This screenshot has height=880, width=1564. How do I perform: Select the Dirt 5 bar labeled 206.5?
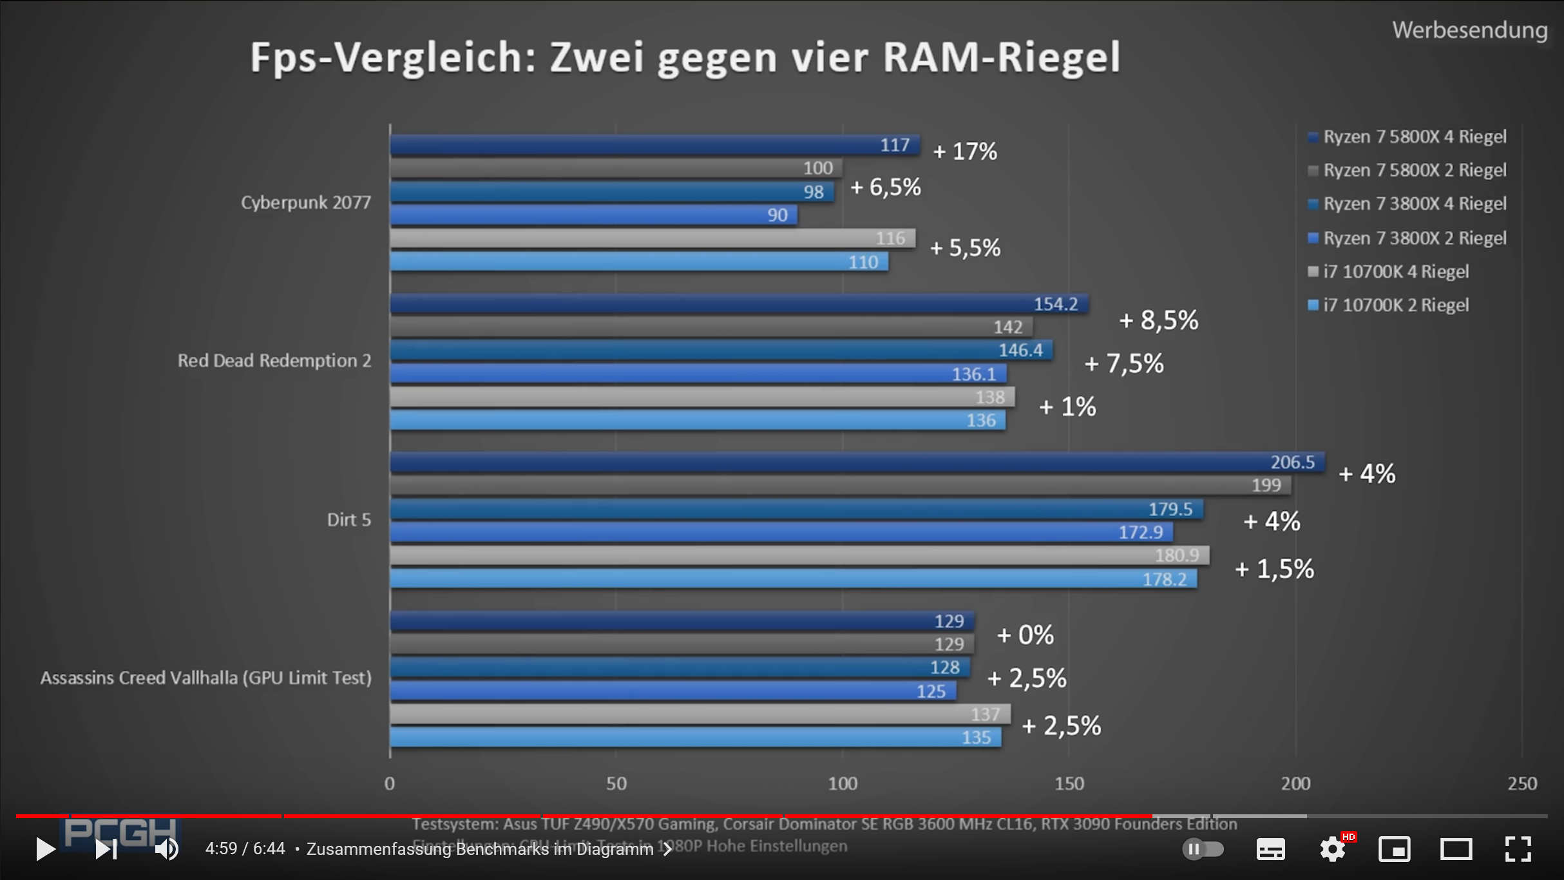pos(857,462)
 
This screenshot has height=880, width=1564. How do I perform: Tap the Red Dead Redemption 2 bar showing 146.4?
pos(721,350)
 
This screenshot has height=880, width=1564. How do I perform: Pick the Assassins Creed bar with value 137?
pos(700,714)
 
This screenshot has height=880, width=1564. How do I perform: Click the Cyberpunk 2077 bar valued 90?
pos(593,215)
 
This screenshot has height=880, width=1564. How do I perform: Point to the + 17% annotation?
pos(965,151)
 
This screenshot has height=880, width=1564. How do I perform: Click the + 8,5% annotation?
pos(1158,320)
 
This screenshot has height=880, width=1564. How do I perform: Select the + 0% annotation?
pos(1025,635)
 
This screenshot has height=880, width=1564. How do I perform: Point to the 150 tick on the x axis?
pos(1069,783)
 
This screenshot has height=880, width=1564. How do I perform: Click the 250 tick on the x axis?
pos(1522,783)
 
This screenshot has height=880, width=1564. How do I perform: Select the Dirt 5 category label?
pos(348,519)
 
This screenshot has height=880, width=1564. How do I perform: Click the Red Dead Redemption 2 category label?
pos(274,360)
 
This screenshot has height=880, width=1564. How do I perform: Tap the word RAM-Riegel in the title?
pos(1002,57)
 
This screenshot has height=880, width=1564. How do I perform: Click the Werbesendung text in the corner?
pos(1469,30)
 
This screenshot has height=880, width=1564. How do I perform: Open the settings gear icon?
pos(1332,849)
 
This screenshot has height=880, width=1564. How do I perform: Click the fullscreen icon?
pos(1518,849)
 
